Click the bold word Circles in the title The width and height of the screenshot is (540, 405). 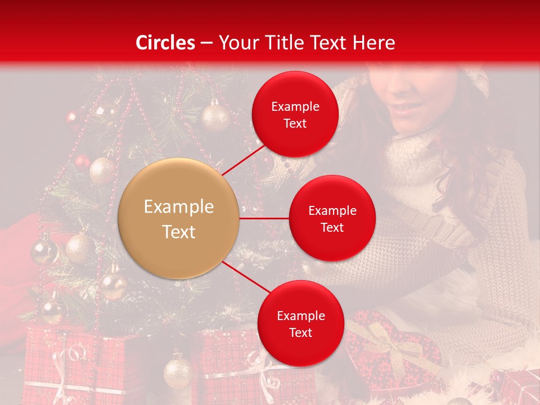tap(165, 43)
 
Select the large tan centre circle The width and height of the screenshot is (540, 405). tap(179, 218)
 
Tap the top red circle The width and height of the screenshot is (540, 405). tap(295, 114)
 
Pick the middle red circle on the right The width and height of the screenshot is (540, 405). tap(332, 218)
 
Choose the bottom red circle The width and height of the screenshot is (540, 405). tap(300, 323)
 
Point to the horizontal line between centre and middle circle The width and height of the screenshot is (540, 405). tap(264, 218)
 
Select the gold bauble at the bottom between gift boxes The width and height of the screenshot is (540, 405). tap(178, 371)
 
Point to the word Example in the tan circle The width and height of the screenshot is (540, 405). tap(179, 207)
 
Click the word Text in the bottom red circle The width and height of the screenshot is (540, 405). tap(300, 332)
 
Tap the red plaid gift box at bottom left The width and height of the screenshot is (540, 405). tap(79, 366)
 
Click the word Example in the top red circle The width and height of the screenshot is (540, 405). tap(295, 107)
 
